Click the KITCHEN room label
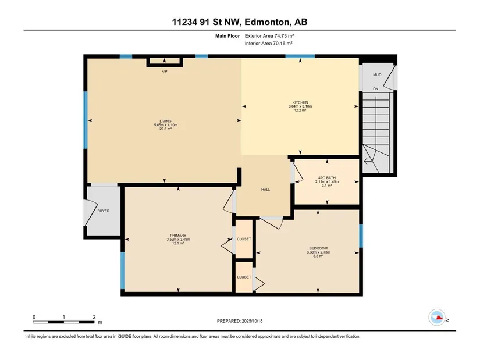pyautogui.click(x=300, y=102)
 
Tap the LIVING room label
pyautogui.click(x=165, y=121)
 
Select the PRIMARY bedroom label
pyautogui.click(x=178, y=236)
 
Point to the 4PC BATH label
pyautogui.click(x=327, y=177)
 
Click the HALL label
pyautogui.click(x=265, y=190)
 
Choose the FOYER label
pyautogui.click(x=104, y=211)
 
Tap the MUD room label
pyautogui.click(x=377, y=74)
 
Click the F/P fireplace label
pyautogui.click(x=165, y=72)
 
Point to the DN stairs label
pyautogui.click(x=376, y=89)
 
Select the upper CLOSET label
pyautogui.click(x=244, y=239)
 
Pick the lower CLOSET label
pyautogui.click(x=244, y=277)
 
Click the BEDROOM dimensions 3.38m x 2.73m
pyautogui.click(x=318, y=252)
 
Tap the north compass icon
pyautogui.click(x=437, y=317)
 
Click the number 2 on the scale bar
pyautogui.click(x=94, y=317)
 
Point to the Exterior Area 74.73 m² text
pyautogui.click(x=269, y=36)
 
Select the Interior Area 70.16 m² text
pyautogui.click(x=268, y=44)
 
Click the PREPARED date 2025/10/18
pyautogui.click(x=252, y=321)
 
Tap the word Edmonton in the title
pyautogui.click(x=266, y=22)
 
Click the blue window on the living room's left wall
pyautogui.click(x=86, y=120)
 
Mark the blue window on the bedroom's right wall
pyautogui.click(x=361, y=236)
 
